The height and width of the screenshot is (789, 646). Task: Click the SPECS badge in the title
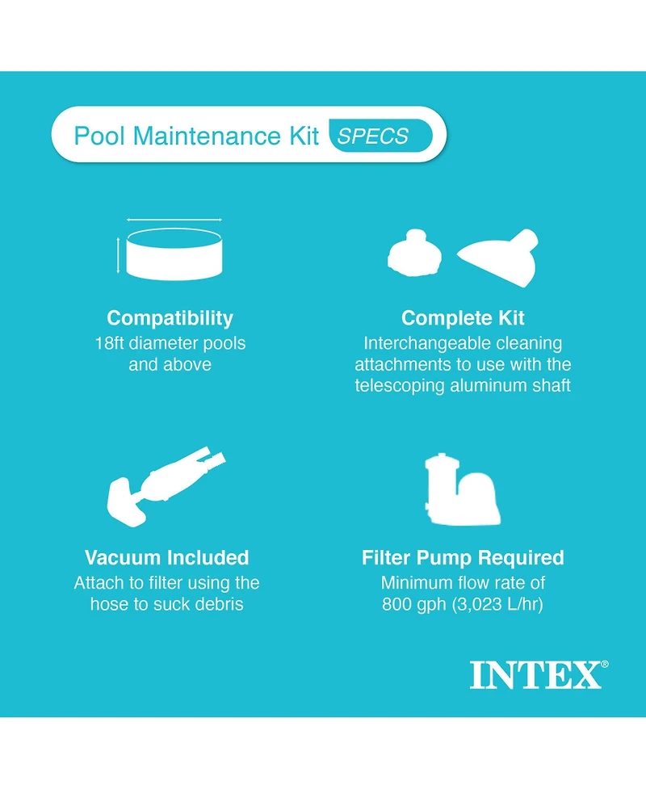coord(380,136)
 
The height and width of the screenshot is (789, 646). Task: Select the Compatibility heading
coord(170,317)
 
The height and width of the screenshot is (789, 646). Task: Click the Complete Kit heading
coord(463,317)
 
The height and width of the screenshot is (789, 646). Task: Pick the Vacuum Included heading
coord(167,557)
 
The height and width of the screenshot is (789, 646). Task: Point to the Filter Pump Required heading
coord(463,557)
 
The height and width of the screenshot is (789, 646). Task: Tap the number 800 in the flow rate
coord(397,604)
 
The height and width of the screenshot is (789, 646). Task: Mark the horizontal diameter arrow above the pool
coord(174,220)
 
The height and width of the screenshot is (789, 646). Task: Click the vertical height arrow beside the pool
coord(119,255)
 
